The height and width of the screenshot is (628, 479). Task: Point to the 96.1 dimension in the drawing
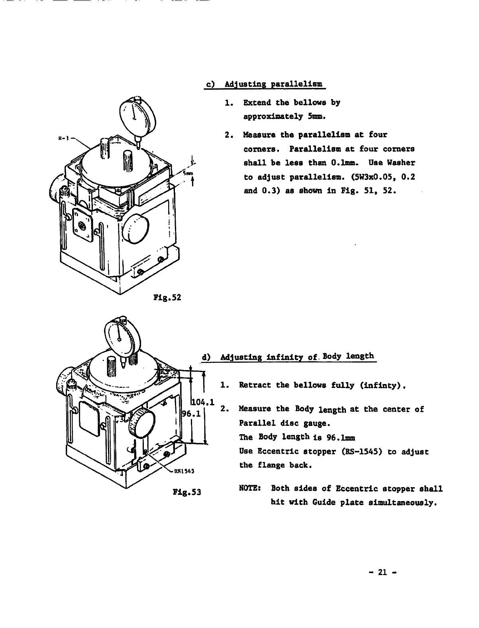(190, 414)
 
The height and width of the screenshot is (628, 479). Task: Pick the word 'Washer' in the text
(402, 163)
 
